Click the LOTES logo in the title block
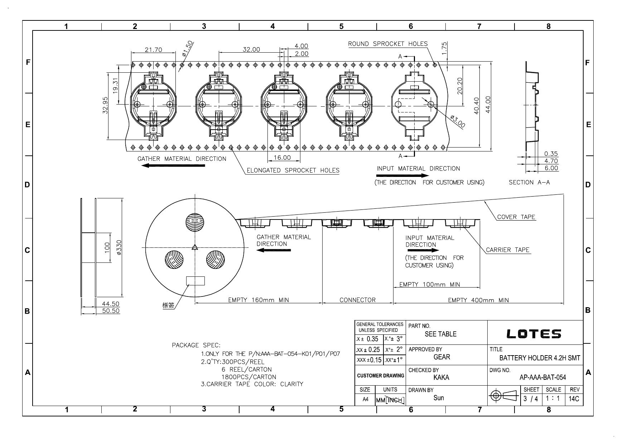pyautogui.click(x=534, y=334)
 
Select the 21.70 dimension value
pyautogui.click(x=153, y=50)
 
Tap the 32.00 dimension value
pyautogui.click(x=251, y=49)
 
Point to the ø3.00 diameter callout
pyautogui.click(x=457, y=121)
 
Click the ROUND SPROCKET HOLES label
pyautogui.click(x=388, y=44)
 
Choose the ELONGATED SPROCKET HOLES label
pyautogui.click(x=293, y=170)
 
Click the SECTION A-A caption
pyautogui.click(x=529, y=182)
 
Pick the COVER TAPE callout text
pyautogui.click(x=516, y=217)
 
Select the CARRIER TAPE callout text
pyautogui.click(x=507, y=250)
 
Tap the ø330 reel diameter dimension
pyautogui.click(x=119, y=247)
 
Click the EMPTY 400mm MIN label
pyautogui.click(x=478, y=300)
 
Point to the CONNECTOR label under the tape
pyautogui.click(x=358, y=300)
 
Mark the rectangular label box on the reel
pyautogui.click(x=195, y=281)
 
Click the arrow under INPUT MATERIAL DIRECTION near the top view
pyautogui.click(x=402, y=175)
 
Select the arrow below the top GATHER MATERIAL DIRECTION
pyautogui.click(x=173, y=165)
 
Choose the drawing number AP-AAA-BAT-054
pyautogui.click(x=542, y=377)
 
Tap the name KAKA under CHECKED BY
pyautogui.click(x=441, y=377)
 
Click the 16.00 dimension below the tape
pyautogui.click(x=282, y=158)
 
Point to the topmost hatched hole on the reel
pyautogui.click(x=195, y=222)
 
